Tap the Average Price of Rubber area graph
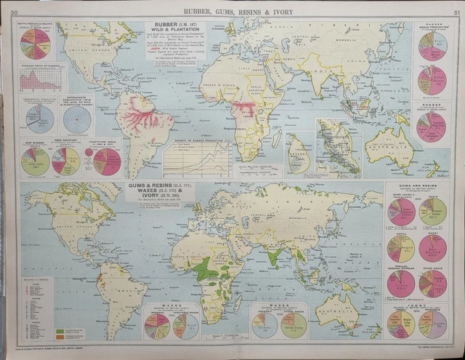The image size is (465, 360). (41, 77)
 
